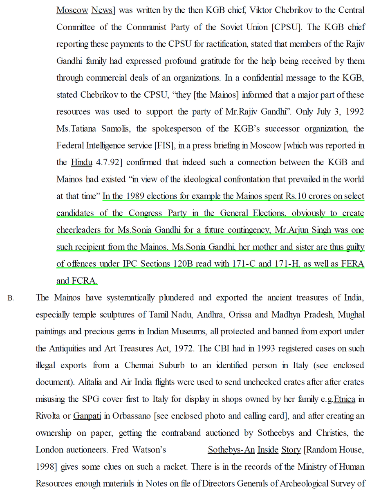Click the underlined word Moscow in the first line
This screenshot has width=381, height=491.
(x=72, y=10)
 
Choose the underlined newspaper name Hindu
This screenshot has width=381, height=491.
(x=81, y=162)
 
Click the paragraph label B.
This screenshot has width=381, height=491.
(x=11, y=298)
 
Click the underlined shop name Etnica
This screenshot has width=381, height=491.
(x=344, y=399)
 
